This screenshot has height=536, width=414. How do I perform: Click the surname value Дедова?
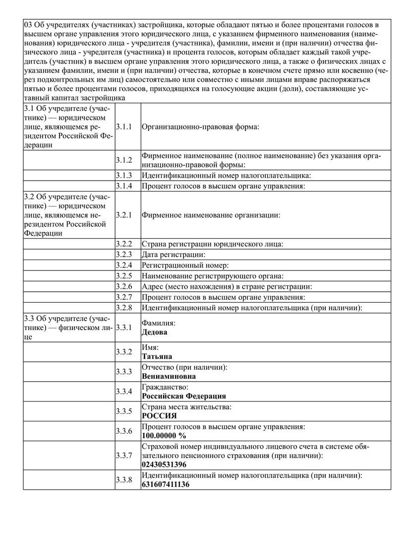[x=155, y=332]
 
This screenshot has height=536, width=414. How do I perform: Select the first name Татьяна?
[x=157, y=356]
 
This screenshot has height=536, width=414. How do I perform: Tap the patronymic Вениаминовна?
[x=169, y=376]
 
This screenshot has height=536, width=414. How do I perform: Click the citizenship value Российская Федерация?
[x=184, y=396]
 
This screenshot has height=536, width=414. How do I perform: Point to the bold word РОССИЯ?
[x=159, y=415]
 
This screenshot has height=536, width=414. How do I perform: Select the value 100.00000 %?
[x=164, y=435]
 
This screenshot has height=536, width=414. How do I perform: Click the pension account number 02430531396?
[x=164, y=465]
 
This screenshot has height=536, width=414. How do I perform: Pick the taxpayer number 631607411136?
[x=166, y=484]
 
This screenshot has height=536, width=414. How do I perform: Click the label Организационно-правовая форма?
[x=201, y=127]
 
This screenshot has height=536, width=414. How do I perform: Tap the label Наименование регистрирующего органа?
[x=216, y=276]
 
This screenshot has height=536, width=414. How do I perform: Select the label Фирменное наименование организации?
[x=211, y=215]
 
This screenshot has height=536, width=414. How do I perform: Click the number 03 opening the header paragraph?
[x=28, y=25]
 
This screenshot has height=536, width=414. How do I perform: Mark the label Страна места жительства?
[x=186, y=407]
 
